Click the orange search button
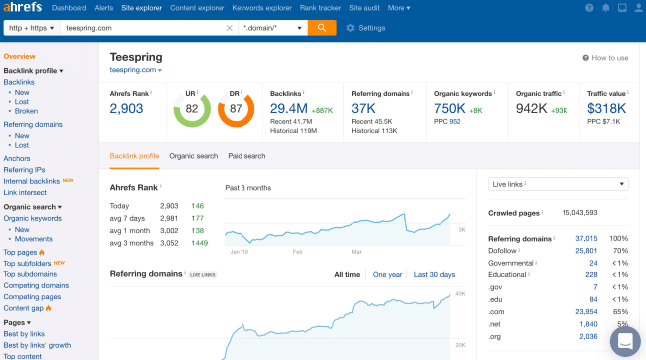pyautogui.click(x=322, y=27)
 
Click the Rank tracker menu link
pyautogui.click(x=320, y=7)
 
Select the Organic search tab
pyautogui.click(x=193, y=156)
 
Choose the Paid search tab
pyautogui.click(x=246, y=156)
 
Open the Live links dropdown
pyautogui.click(x=559, y=184)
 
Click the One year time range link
pyautogui.click(x=387, y=274)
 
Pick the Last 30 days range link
pyautogui.click(x=434, y=274)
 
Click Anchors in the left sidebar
pyautogui.click(x=16, y=158)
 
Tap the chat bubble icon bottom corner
pyautogui.click(x=625, y=341)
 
